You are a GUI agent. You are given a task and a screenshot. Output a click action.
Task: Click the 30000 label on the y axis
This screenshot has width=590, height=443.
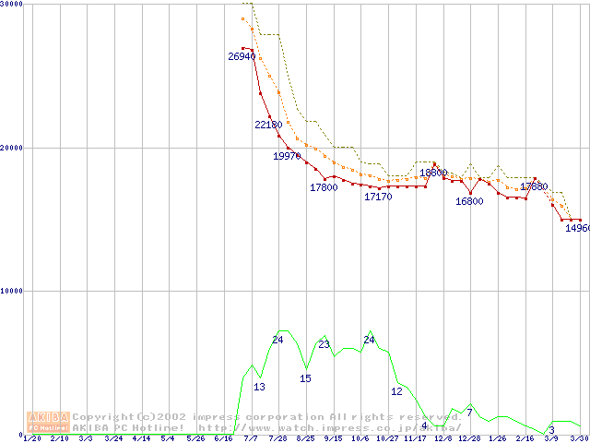pyautogui.click(x=12, y=5)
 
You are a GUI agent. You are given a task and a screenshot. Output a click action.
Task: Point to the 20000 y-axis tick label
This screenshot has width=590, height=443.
pyautogui.click(x=12, y=148)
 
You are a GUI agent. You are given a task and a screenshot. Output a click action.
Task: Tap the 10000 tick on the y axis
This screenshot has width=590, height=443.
pyautogui.click(x=12, y=291)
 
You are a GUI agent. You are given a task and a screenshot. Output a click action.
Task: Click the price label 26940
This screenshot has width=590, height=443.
pyautogui.click(x=242, y=56)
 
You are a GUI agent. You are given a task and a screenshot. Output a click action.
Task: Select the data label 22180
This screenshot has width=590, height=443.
pyautogui.click(x=268, y=125)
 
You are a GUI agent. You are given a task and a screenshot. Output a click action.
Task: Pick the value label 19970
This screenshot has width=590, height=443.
pyautogui.click(x=287, y=156)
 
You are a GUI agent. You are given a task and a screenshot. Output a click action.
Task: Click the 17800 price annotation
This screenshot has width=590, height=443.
pyautogui.click(x=324, y=187)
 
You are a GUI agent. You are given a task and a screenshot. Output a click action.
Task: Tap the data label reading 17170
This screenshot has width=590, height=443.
pyautogui.click(x=378, y=197)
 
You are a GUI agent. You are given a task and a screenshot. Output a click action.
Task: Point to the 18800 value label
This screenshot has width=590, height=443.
pyautogui.click(x=433, y=173)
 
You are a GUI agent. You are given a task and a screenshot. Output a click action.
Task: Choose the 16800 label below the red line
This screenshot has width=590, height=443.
pyautogui.click(x=469, y=201)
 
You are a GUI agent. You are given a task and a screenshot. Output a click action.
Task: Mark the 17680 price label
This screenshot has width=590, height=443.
pyautogui.click(x=534, y=186)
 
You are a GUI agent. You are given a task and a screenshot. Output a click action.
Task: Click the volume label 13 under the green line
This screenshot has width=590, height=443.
pyautogui.click(x=259, y=387)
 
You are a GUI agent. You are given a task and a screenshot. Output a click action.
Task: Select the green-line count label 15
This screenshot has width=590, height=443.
pyautogui.click(x=305, y=378)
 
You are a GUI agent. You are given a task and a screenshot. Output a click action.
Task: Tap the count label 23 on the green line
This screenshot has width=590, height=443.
pyautogui.click(x=324, y=344)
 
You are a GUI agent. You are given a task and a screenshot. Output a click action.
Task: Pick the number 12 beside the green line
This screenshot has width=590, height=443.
pyautogui.click(x=396, y=391)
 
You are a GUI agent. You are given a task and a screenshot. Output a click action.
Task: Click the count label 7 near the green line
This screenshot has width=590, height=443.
pyautogui.click(x=469, y=412)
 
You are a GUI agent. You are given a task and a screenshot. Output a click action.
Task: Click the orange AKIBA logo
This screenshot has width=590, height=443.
pyautogui.click(x=48, y=422)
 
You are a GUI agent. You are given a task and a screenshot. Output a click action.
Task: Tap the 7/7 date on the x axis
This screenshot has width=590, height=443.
pyautogui.click(x=251, y=438)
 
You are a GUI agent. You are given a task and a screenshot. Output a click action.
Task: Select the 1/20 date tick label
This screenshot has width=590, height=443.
pyautogui.click(x=30, y=438)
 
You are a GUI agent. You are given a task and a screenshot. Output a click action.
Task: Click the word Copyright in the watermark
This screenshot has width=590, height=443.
pyautogui.click(x=103, y=417)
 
